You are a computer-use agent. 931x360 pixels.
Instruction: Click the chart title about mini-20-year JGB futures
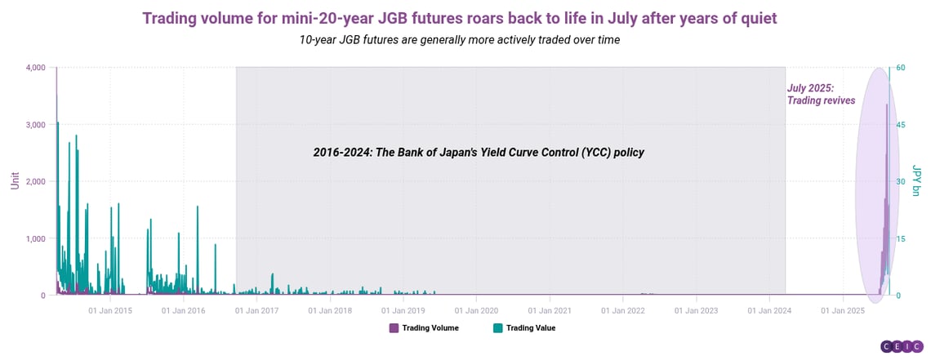tap(460, 19)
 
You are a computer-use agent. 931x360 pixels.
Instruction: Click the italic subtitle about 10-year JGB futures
tap(460, 41)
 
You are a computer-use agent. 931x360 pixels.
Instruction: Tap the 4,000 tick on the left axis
tap(36, 68)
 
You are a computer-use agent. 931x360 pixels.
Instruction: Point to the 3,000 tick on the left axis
tap(36, 125)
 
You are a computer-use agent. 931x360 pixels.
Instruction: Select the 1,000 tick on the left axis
tap(36, 238)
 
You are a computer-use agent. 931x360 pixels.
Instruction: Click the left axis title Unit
tap(14, 181)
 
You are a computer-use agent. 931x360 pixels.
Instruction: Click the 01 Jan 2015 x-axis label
tap(110, 310)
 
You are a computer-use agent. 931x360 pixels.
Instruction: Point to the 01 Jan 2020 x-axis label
tap(476, 310)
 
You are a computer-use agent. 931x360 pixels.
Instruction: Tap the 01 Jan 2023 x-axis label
tap(696, 310)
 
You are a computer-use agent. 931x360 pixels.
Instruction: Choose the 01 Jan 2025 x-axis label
tap(843, 310)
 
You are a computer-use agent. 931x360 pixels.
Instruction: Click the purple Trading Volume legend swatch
tap(394, 328)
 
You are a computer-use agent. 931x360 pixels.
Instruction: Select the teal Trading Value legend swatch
tap(497, 328)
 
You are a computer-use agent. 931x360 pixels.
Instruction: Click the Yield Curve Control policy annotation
tap(479, 153)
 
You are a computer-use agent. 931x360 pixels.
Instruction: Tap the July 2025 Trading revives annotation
tap(821, 95)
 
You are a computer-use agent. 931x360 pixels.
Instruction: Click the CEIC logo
tap(902, 346)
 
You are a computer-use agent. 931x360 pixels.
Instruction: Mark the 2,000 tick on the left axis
tap(36, 181)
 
